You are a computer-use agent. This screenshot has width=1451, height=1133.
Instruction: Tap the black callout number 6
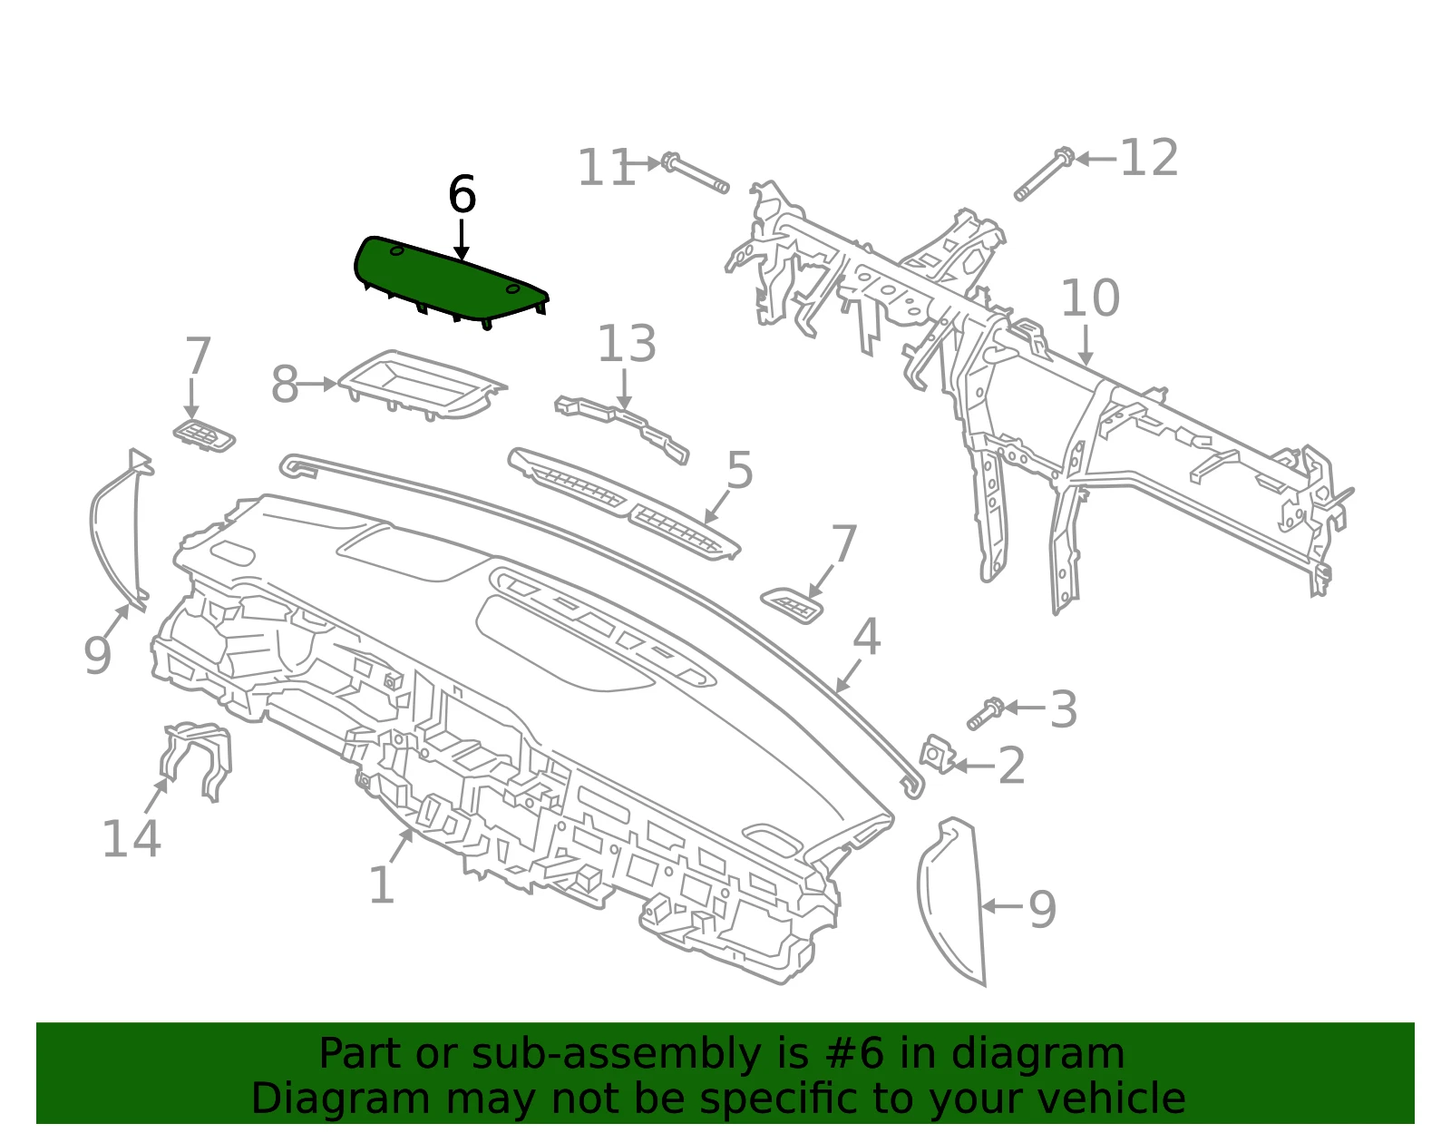(463, 195)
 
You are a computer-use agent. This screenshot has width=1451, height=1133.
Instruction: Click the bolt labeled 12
(1043, 173)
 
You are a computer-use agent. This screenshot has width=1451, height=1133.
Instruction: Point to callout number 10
(1090, 298)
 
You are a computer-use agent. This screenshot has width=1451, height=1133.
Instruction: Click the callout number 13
(627, 345)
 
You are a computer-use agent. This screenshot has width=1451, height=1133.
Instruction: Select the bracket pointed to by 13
(622, 428)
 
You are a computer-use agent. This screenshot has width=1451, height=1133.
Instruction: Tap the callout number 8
(285, 385)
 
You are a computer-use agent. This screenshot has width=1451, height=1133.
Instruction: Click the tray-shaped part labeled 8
(422, 386)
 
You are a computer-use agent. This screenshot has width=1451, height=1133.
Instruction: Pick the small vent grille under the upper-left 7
(204, 435)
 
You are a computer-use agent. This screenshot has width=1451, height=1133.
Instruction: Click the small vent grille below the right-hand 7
(792, 606)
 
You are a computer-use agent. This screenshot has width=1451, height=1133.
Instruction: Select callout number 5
(739, 471)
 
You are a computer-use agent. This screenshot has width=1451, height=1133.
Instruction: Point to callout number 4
(866, 636)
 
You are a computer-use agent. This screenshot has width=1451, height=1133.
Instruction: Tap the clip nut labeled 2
(938, 755)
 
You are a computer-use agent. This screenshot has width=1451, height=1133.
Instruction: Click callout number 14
(131, 839)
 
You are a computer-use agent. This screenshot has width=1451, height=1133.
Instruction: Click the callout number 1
(381, 885)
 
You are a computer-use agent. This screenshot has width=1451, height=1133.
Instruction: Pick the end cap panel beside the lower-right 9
(953, 902)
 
